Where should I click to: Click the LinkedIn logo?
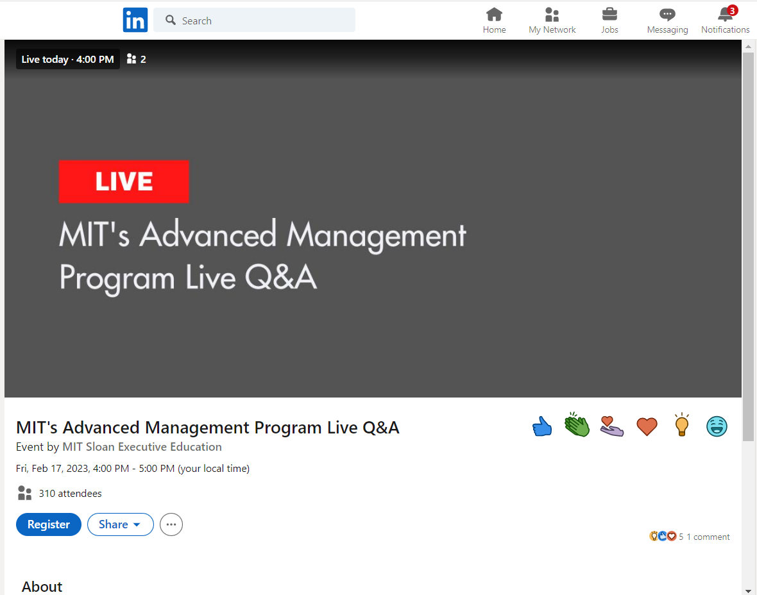click(x=135, y=20)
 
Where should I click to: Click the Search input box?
click(x=255, y=21)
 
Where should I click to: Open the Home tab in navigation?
click(x=495, y=21)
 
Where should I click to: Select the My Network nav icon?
click(x=552, y=15)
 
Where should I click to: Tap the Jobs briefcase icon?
click(x=609, y=15)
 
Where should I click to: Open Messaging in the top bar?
click(x=668, y=21)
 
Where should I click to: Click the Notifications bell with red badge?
click(x=726, y=14)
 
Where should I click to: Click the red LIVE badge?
click(x=124, y=181)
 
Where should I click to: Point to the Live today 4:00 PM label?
click(x=67, y=60)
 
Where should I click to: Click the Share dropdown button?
click(x=120, y=524)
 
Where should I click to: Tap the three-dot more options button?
click(x=171, y=524)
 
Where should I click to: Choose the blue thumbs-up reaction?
click(x=542, y=426)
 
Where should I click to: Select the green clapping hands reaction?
click(x=577, y=425)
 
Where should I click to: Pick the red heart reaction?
click(x=647, y=426)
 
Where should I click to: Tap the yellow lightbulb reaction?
click(x=682, y=425)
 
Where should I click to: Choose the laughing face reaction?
click(x=717, y=426)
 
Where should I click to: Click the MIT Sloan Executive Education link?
click(x=142, y=447)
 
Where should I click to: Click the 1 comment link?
click(x=708, y=537)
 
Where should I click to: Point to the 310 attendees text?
click(x=71, y=493)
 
